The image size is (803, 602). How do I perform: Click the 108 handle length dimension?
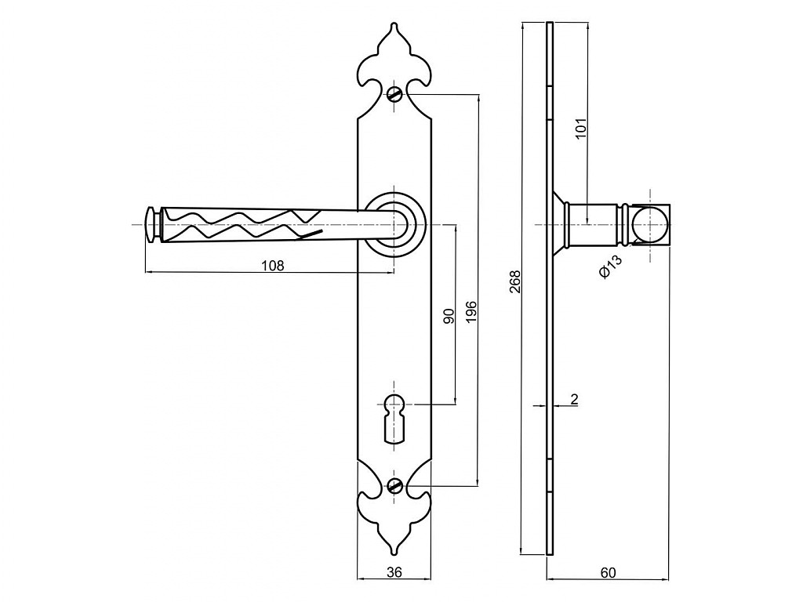pyautogui.click(x=272, y=266)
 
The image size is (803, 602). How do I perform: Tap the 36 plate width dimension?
pyautogui.click(x=394, y=571)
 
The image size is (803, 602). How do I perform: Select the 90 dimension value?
pyautogui.click(x=449, y=317)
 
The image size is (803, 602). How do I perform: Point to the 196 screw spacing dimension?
pyautogui.click(x=471, y=312)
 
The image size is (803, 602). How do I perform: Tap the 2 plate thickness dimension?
pyautogui.click(x=574, y=399)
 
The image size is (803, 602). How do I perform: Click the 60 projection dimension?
pyautogui.click(x=608, y=572)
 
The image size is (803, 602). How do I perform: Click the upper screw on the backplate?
pyautogui.click(x=394, y=94)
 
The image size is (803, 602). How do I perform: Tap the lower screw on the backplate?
pyautogui.click(x=394, y=485)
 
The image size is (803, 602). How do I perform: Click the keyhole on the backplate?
pyautogui.click(x=394, y=418)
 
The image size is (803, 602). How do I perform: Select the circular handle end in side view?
pyautogui.click(x=650, y=225)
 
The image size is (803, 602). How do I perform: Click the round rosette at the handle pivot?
pyautogui.click(x=394, y=225)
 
